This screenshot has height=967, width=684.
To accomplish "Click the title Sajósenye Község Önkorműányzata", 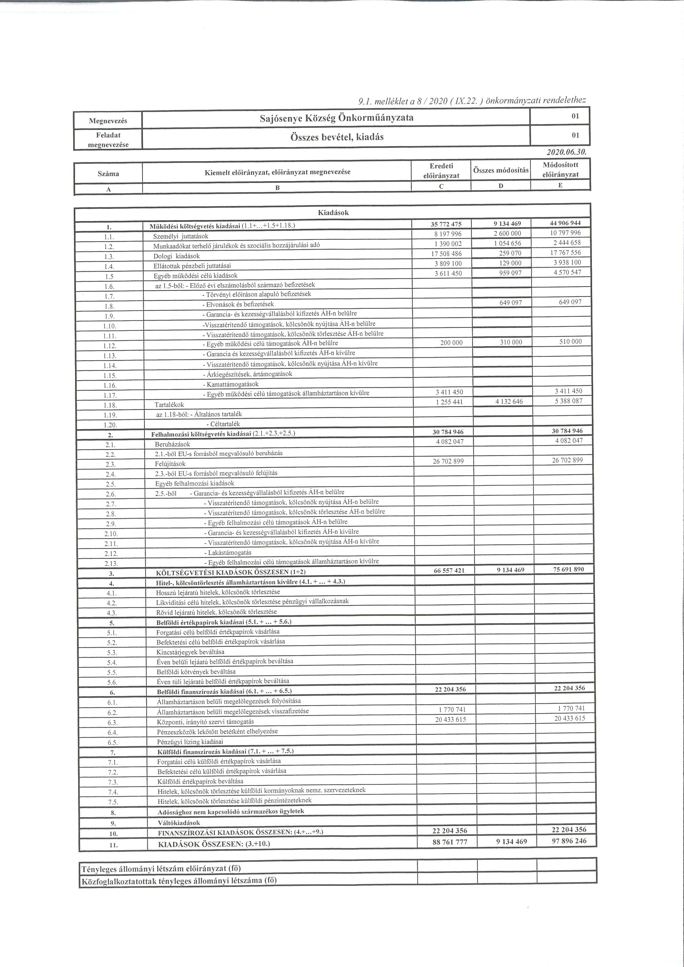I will tap(337, 118).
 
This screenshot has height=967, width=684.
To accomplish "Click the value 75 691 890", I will tap(569, 569).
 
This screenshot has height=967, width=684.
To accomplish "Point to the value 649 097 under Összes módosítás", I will tap(510, 303).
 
